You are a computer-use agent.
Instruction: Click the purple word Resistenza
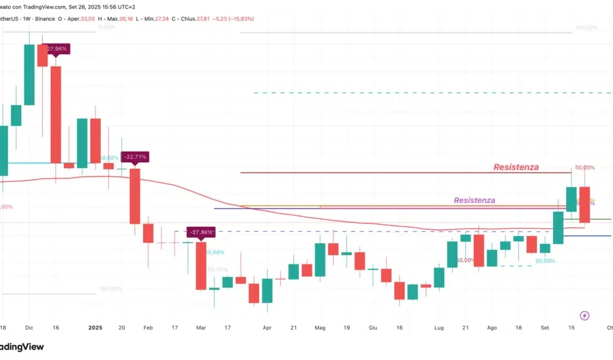point(474,200)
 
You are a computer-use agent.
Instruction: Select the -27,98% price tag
point(201,232)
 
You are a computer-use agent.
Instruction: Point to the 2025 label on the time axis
point(96,327)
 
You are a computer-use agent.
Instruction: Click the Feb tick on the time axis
point(148,327)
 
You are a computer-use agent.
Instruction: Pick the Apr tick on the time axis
point(267,327)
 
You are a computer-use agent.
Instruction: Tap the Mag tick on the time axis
point(320,327)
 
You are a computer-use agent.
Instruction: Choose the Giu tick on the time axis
point(373,327)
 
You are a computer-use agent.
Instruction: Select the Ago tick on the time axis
point(492,327)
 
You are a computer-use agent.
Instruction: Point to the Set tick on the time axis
point(544,327)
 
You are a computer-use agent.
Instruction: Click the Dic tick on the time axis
point(29,327)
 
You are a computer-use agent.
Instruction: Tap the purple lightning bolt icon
point(584,316)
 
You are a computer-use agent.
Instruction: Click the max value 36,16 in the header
point(123,18)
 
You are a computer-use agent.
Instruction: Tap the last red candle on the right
point(584,204)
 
